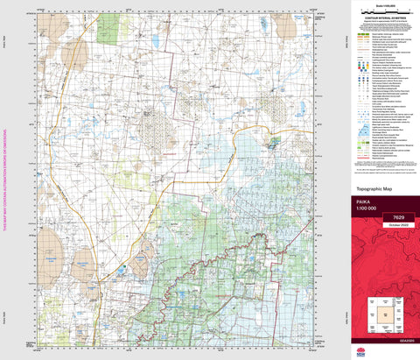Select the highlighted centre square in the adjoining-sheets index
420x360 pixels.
383,313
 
